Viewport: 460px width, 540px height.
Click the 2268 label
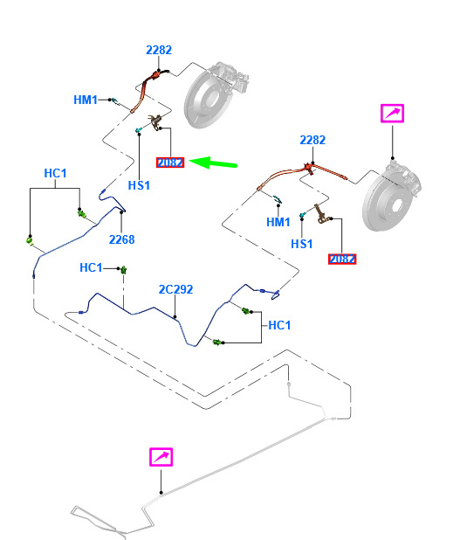tap(121, 239)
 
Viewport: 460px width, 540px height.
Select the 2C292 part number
tap(175, 289)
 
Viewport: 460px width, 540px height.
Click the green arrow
tap(213, 163)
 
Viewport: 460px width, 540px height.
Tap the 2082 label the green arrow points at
tap(170, 163)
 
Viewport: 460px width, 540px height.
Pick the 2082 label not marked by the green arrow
tap(342, 259)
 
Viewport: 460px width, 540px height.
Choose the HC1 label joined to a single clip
tap(91, 267)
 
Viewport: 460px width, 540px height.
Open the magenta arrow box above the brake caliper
tap(392, 114)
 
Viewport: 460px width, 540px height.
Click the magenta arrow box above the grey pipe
tap(161, 457)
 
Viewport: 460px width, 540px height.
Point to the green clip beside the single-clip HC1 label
tap(123, 269)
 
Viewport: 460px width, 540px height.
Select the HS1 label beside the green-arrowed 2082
tap(139, 185)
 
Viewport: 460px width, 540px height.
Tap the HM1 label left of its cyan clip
tap(86, 100)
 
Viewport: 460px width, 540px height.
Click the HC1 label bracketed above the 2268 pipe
tap(55, 173)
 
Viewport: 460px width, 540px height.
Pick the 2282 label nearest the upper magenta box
tap(312, 140)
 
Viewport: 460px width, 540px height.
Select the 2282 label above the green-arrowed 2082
tap(159, 51)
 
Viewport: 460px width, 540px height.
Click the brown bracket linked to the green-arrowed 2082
tap(156, 122)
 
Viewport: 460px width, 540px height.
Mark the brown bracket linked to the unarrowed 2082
tap(320, 214)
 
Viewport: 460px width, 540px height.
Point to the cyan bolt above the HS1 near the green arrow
tap(139, 130)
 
